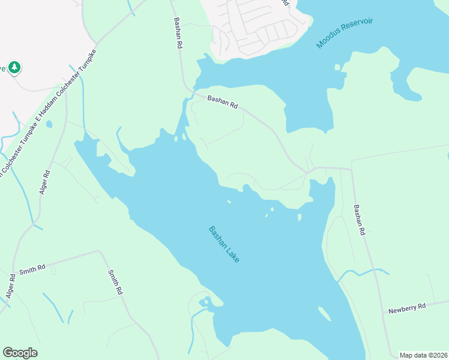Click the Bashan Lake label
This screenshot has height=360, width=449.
224,244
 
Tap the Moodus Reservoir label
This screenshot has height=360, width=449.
345,33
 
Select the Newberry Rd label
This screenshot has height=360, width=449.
406,309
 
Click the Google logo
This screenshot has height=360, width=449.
20,353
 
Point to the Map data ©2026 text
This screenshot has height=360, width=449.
423,355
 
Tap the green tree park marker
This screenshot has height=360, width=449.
14,68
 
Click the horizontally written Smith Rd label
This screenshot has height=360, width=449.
32,268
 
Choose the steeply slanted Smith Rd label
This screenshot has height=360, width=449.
115,281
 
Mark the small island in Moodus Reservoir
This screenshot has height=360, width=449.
337,67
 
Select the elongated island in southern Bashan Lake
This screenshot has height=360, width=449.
324,314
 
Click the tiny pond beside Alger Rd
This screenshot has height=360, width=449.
49,124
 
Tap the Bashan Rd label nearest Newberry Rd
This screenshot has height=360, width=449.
359,220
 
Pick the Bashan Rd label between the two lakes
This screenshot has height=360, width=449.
223,102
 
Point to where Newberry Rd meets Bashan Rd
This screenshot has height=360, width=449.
384,312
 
